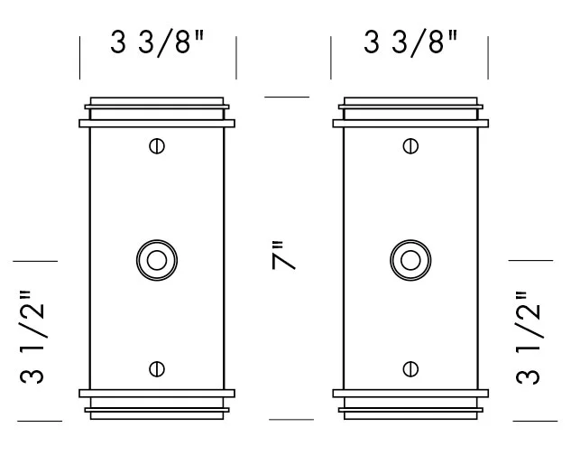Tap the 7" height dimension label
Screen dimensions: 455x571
click(x=284, y=258)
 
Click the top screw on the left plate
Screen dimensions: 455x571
click(x=157, y=144)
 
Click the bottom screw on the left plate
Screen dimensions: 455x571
click(x=157, y=367)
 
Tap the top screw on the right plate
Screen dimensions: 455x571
click(x=411, y=144)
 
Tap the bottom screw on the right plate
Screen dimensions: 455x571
click(x=411, y=367)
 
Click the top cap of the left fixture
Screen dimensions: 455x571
click(x=157, y=112)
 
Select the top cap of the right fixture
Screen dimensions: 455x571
click(x=411, y=112)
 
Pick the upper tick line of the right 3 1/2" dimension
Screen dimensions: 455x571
click(x=531, y=260)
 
